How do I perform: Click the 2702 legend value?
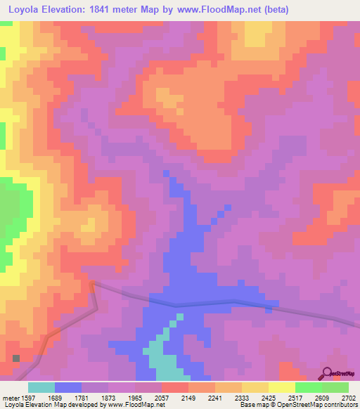click(x=349, y=398)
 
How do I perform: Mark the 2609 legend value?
click(x=323, y=398)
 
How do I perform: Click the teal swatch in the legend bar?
click(x=41, y=387)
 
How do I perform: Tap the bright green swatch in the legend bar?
click(x=309, y=387)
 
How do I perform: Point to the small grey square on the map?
click(x=16, y=358)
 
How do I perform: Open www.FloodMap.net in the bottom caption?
click(x=131, y=405)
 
